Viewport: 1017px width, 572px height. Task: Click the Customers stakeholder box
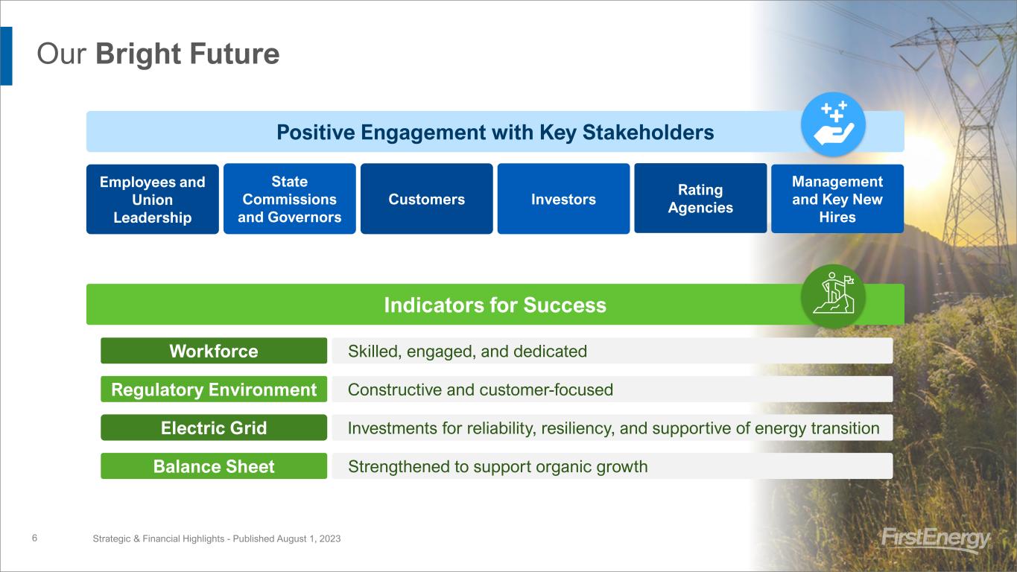coord(427,199)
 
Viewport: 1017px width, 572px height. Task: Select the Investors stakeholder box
coord(563,199)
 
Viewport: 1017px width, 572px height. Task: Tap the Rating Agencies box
coord(700,199)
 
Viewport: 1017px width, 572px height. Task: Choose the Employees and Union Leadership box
coord(153,199)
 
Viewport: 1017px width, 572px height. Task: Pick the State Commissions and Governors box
coord(290,199)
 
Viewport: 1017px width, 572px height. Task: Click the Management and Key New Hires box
coord(837,199)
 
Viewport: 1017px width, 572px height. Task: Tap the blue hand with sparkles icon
coord(833,124)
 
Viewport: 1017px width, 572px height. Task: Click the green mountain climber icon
coord(833,296)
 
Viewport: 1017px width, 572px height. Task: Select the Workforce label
coord(214,351)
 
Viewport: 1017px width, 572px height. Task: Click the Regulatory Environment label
coord(214,389)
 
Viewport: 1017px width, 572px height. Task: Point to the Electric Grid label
coord(214,428)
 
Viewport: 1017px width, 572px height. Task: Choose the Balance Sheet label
coord(214,465)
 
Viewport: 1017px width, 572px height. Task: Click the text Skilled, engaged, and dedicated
coord(467,352)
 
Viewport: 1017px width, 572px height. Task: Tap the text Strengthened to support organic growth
coord(498,467)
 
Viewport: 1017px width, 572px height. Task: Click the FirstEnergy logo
coord(936,539)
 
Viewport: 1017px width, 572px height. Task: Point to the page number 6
coord(34,538)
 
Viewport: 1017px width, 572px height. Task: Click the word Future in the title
coord(234,54)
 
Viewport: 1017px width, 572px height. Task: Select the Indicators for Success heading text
coord(495,305)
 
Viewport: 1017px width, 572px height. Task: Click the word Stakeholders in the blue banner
coord(648,132)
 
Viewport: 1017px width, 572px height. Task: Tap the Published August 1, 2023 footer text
coord(287,538)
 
